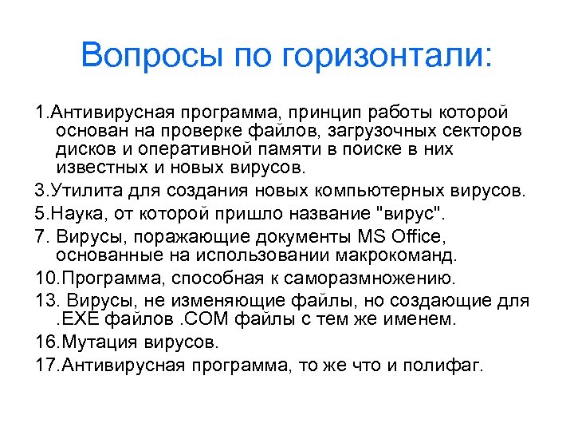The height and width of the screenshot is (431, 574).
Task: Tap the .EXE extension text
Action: click(x=80, y=319)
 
